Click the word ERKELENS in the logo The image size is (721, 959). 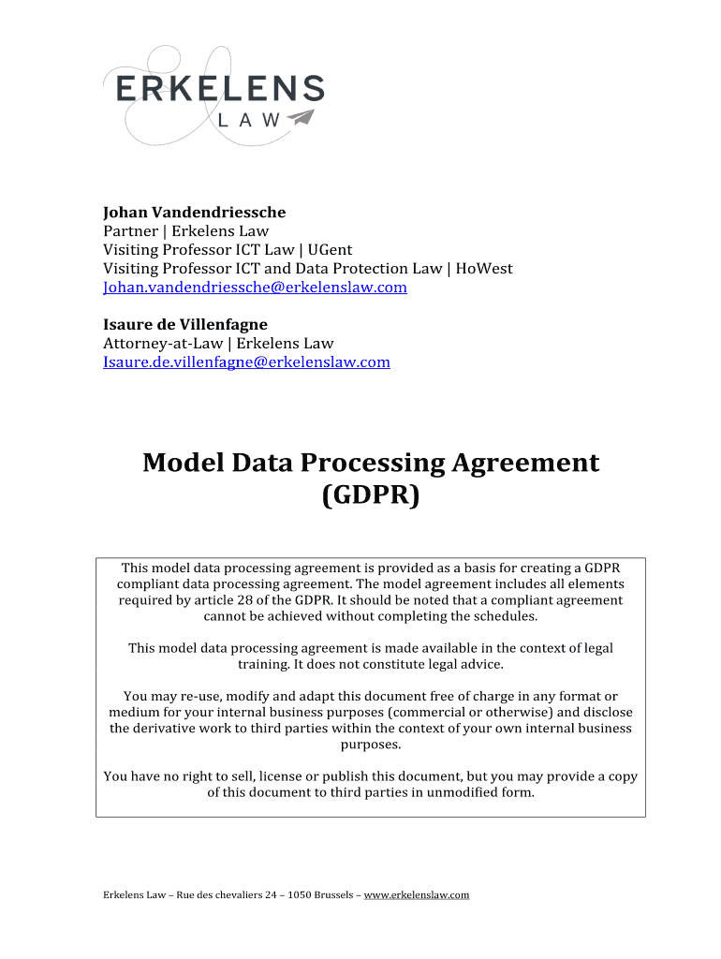pos(220,89)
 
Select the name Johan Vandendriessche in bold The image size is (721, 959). pos(194,212)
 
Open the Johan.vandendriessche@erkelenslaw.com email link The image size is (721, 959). pos(255,288)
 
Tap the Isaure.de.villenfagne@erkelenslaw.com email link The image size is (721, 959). pos(246,361)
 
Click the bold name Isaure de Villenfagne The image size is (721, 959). pos(184,324)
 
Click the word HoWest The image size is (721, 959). pos(483,269)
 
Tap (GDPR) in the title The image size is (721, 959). pos(370,494)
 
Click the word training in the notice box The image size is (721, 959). pos(263,664)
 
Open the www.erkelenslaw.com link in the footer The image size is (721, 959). pos(416,895)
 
